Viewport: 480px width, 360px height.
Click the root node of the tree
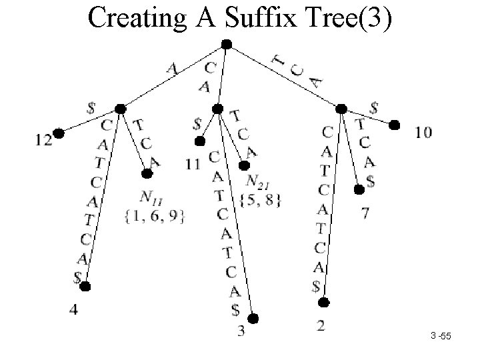point(226,45)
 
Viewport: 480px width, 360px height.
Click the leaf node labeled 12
point(59,133)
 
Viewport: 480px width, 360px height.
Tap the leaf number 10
point(423,133)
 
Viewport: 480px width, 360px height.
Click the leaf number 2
point(321,326)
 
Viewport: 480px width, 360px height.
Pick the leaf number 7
point(364,214)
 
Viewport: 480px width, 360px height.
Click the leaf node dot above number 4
point(85,287)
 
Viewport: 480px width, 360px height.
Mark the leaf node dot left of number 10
point(394,124)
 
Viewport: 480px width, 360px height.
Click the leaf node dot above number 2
point(323,303)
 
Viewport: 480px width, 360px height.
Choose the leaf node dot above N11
point(147,173)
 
